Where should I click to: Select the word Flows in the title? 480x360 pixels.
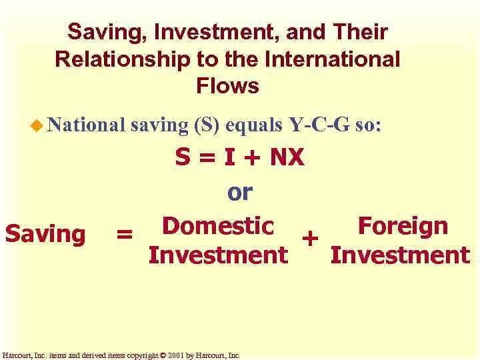click(x=227, y=86)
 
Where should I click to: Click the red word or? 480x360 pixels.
click(x=240, y=192)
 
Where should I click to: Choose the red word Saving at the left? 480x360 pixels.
click(x=45, y=234)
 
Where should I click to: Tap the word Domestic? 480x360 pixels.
click(x=218, y=226)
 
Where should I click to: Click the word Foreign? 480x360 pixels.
click(x=402, y=226)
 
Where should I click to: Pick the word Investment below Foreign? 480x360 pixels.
click(x=400, y=255)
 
